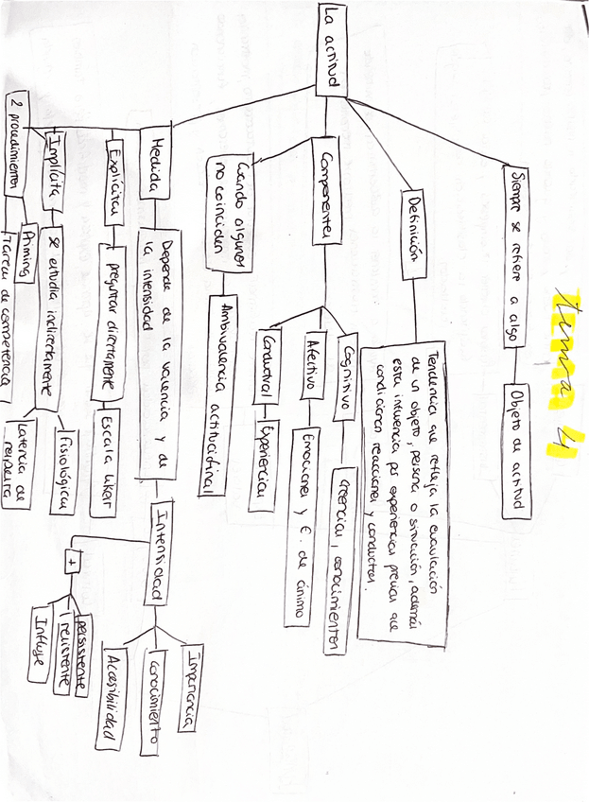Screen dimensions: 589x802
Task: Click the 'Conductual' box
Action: pyautogui.click(x=269, y=365)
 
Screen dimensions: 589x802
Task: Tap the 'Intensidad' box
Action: pyautogui.click(x=158, y=551)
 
